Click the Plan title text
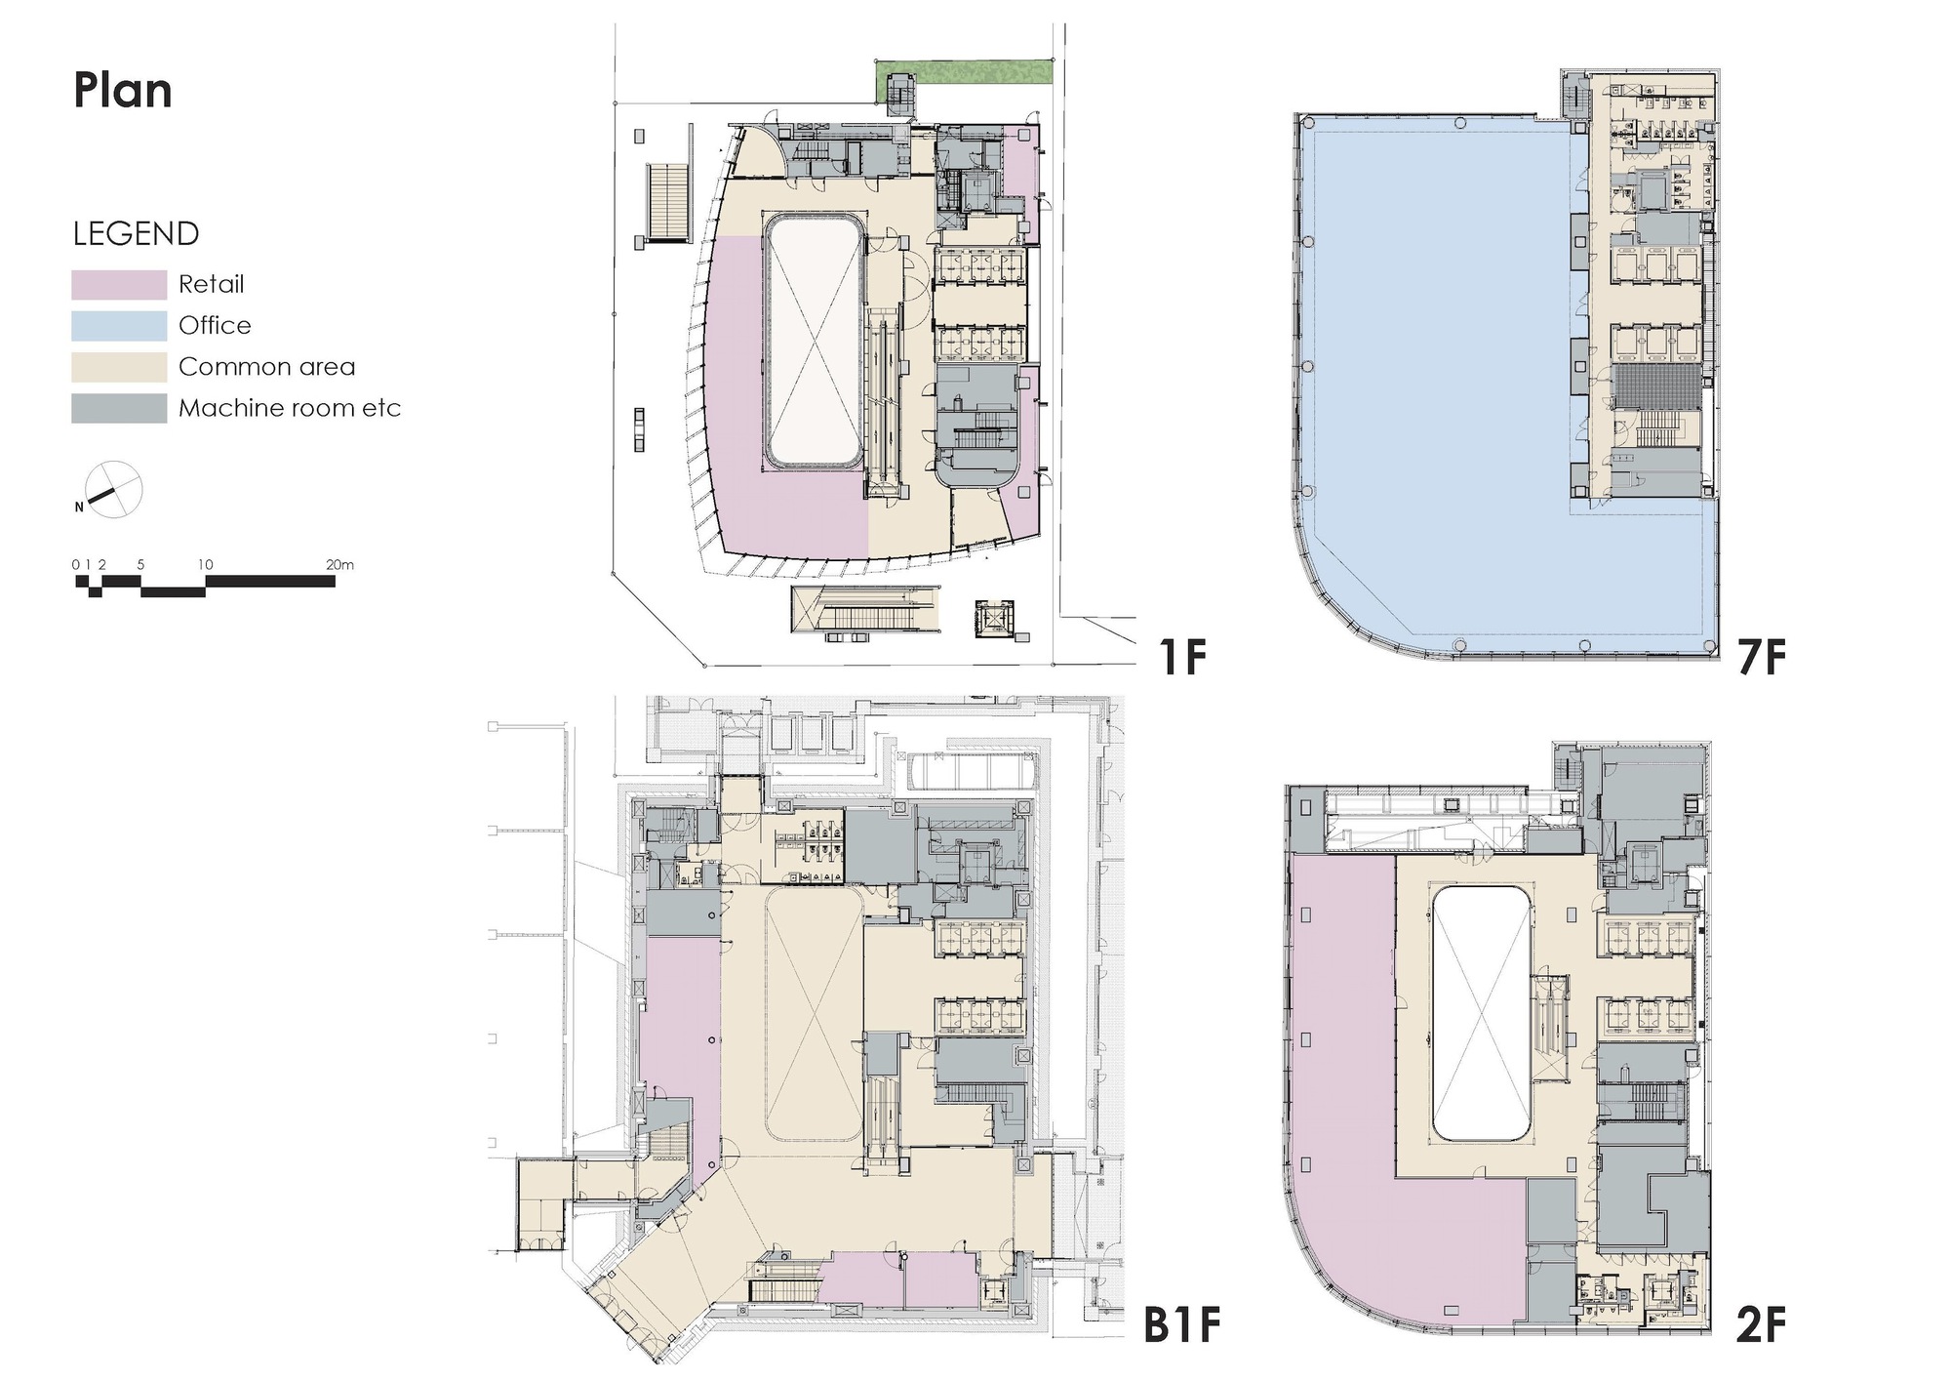[123, 91]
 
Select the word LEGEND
[136, 234]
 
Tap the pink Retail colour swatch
[118, 284]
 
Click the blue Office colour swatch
[118, 325]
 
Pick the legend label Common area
[266, 367]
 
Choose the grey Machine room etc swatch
[118, 408]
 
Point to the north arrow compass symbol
[113, 490]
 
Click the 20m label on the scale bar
[339, 565]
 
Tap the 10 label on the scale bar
[205, 565]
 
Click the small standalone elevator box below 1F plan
[995, 619]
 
